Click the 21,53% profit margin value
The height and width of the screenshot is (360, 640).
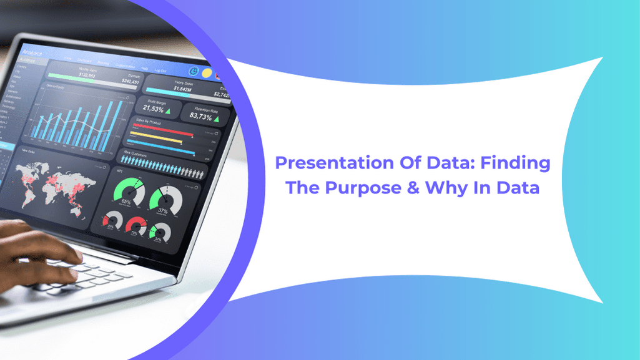149,110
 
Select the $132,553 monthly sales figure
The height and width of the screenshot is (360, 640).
87,75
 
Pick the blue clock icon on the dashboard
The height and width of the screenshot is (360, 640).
193,71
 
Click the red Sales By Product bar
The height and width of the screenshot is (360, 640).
162,132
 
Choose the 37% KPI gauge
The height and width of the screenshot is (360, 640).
165,200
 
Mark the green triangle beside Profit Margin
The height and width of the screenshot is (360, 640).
167,111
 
